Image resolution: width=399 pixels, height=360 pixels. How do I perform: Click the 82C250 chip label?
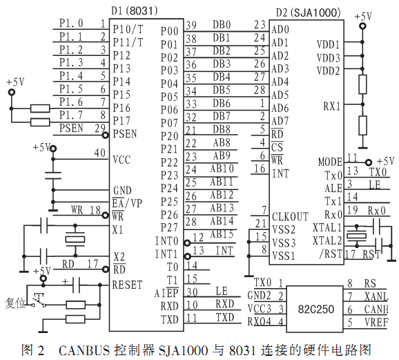coord(315,310)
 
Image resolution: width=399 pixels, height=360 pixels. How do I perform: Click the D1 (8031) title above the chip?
coord(135,10)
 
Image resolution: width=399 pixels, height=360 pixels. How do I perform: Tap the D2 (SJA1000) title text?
coord(308,12)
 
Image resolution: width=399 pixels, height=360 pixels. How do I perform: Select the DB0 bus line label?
coord(222,25)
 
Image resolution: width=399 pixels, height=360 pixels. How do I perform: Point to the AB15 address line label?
coord(222,234)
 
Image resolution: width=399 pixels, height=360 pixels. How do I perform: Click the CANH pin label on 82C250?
coord(376,309)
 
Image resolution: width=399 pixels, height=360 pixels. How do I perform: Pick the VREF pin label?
coord(376,322)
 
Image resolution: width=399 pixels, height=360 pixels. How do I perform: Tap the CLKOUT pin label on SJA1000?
coord(290,216)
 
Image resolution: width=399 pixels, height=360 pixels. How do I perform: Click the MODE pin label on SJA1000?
coord(330,162)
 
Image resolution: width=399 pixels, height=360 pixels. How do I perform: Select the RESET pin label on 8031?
coord(127,285)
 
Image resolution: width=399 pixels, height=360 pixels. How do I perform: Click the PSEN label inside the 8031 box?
coord(125,134)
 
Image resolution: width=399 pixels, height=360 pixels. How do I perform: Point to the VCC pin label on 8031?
coord(121,160)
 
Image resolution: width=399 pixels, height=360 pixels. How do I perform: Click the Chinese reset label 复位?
coord(15,303)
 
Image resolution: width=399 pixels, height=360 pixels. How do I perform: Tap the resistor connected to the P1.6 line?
coord(40,108)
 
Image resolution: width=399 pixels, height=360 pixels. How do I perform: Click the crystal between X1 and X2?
coord(75,239)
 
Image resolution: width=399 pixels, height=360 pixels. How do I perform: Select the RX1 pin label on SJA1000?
coord(332,106)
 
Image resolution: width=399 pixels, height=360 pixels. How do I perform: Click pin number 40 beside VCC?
coord(99,153)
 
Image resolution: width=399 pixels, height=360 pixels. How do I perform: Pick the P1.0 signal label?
coord(71,23)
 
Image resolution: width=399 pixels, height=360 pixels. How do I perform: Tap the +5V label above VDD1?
coord(363,17)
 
